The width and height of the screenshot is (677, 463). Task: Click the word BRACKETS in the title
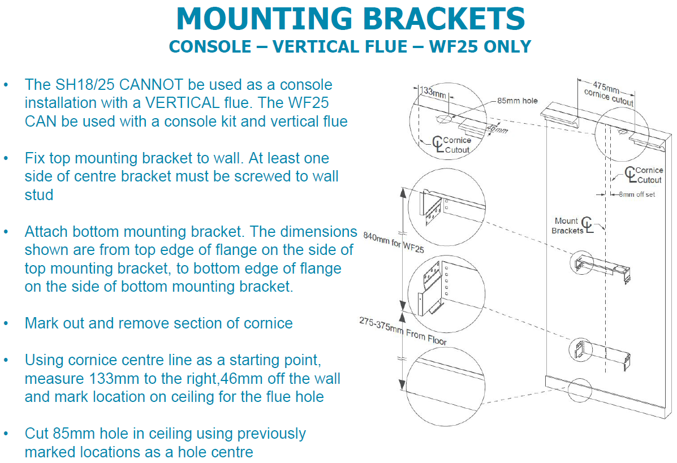tap(445, 19)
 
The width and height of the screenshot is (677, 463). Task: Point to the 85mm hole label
tap(517, 101)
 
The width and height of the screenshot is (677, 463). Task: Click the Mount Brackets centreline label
tap(567, 226)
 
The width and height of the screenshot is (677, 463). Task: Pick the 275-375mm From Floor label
tap(402, 331)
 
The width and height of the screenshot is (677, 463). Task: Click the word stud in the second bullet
tap(39, 195)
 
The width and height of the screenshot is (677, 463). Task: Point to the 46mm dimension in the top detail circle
tap(497, 129)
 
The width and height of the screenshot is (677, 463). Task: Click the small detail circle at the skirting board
tap(580, 390)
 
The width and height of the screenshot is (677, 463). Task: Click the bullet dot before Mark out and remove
tap(6, 324)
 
